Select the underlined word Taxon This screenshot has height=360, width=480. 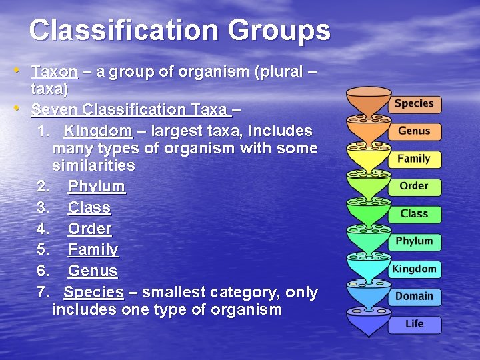(x=55, y=72)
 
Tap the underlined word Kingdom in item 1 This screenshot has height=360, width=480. (x=98, y=131)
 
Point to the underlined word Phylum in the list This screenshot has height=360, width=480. (x=97, y=187)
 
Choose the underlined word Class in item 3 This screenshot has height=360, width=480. (x=89, y=208)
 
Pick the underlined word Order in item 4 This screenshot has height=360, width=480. (x=90, y=229)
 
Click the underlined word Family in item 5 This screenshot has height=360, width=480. (x=93, y=250)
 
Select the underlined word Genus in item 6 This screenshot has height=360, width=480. (x=93, y=271)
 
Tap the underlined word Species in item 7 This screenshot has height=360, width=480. (x=94, y=292)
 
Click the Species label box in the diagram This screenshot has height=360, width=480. (x=414, y=104)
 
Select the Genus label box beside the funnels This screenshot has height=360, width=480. (x=414, y=131)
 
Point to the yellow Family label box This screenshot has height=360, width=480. (x=414, y=159)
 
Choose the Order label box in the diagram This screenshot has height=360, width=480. (x=414, y=187)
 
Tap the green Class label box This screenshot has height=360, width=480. (x=414, y=214)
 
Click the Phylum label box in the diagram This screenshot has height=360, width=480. (x=414, y=241)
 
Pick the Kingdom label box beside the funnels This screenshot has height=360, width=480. (x=414, y=269)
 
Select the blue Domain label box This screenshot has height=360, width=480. (x=414, y=297)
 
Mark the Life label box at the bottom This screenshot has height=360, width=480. (x=414, y=324)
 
